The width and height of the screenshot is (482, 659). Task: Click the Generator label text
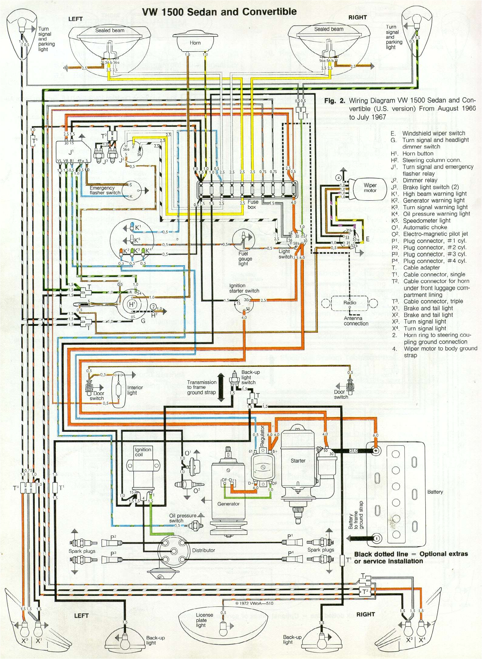tap(228, 504)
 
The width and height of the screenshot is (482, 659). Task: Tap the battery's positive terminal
tap(376, 450)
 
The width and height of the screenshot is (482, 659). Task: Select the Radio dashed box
tap(350, 303)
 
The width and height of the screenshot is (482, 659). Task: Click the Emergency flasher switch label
tap(105, 190)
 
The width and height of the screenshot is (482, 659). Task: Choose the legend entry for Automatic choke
tap(425, 228)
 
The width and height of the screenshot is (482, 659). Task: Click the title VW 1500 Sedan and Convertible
tap(219, 12)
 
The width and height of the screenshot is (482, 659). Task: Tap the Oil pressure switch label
tap(182, 518)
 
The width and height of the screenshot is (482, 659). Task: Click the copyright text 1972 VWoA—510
tap(254, 603)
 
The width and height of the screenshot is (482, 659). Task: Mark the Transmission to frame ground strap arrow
tap(221, 388)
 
